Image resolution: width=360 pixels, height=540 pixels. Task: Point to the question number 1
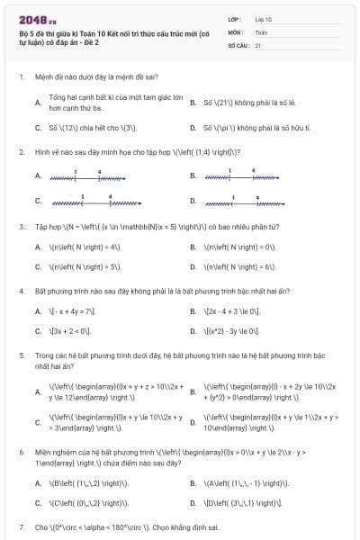(x=21, y=77)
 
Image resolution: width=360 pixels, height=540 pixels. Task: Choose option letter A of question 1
(x=39, y=102)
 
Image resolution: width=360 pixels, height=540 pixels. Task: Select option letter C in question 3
(x=39, y=267)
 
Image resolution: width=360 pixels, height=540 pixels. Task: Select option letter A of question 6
(x=39, y=483)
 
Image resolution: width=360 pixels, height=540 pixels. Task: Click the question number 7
(x=21, y=526)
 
